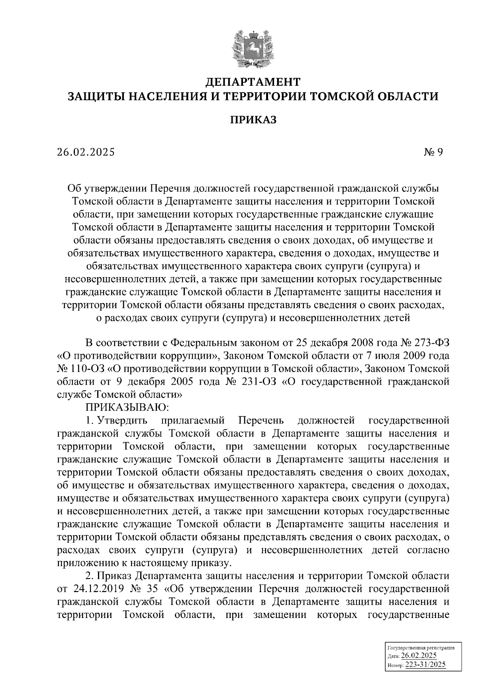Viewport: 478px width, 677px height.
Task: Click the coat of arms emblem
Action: coord(253,46)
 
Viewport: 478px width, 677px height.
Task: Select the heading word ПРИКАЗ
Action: coord(253,120)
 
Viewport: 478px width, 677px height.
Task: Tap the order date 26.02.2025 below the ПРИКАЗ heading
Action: coord(85,152)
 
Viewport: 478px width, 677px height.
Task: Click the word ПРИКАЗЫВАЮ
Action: coord(127,407)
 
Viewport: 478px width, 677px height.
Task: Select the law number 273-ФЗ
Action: coord(431,342)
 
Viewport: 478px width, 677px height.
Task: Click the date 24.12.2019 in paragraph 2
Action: coord(99,588)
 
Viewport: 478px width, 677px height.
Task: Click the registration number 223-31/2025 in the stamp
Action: coord(425,665)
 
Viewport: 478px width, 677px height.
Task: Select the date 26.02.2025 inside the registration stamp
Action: coord(419,656)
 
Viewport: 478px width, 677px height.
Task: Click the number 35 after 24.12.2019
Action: coord(160,588)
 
